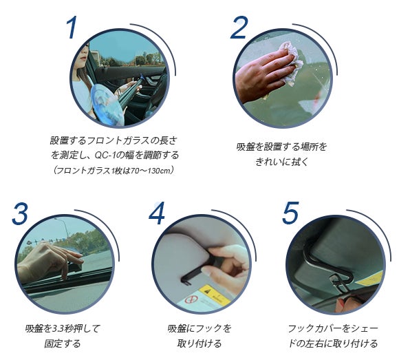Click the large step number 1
pyautogui.click(x=72, y=28)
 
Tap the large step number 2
pyautogui.click(x=239, y=28)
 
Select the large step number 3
pyautogui.click(x=20, y=213)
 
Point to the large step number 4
pyautogui.click(x=157, y=213)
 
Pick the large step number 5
pyautogui.click(x=290, y=213)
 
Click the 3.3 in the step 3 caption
pyautogui.click(x=58, y=329)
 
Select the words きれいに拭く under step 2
pyautogui.click(x=281, y=161)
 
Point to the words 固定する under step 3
pyautogui.click(x=63, y=343)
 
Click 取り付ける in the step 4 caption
pyautogui.click(x=199, y=343)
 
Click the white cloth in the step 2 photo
pyautogui.click(x=292, y=63)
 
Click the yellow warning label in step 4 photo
pyautogui.click(x=215, y=295)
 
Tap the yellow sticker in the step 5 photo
pyautogui.click(x=369, y=279)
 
